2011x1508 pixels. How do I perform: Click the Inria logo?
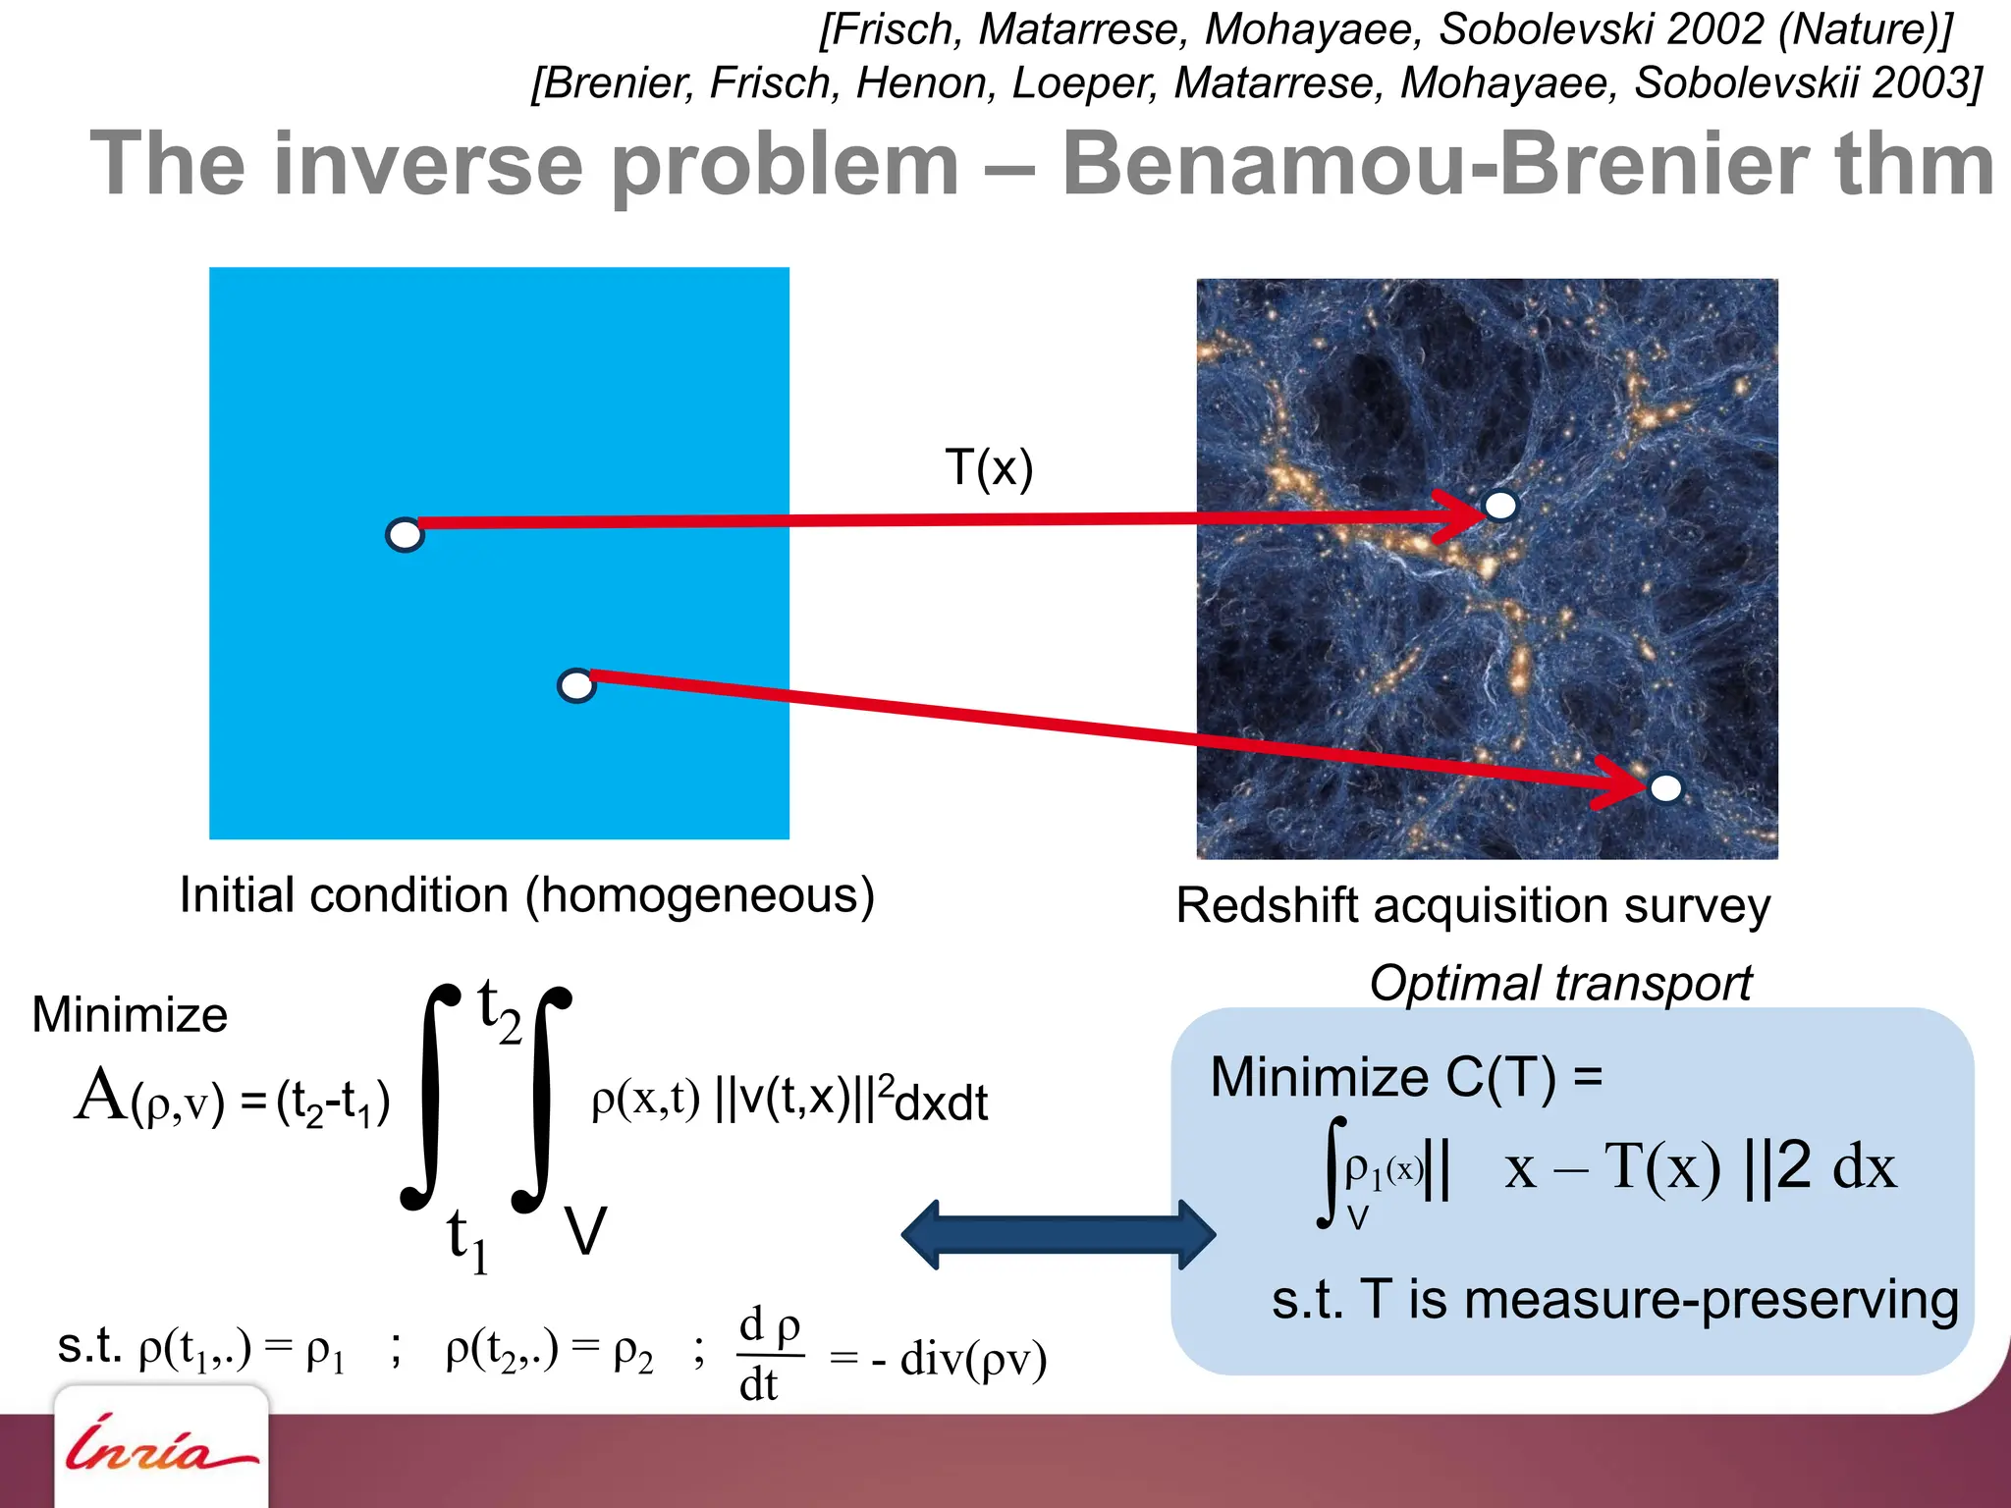click(x=161, y=1448)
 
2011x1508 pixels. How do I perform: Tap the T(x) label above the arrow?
click(x=988, y=468)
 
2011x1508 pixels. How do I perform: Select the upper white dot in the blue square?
click(x=405, y=535)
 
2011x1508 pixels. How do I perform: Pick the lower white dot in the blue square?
click(x=576, y=685)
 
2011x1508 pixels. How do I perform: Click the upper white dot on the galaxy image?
click(x=1500, y=506)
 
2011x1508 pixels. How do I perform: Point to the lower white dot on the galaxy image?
click(x=1665, y=787)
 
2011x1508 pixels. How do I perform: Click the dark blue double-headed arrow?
click(x=1058, y=1234)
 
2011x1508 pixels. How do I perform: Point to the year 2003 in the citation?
click(x=1922, y=82)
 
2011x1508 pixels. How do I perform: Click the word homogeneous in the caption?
click(x=699, y=896)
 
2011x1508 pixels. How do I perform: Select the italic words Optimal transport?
click(x=1560, y=984)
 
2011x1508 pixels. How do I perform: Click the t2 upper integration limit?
click(x=499, y=1011)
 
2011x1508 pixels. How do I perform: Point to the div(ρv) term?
click(x=972, y=1359)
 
